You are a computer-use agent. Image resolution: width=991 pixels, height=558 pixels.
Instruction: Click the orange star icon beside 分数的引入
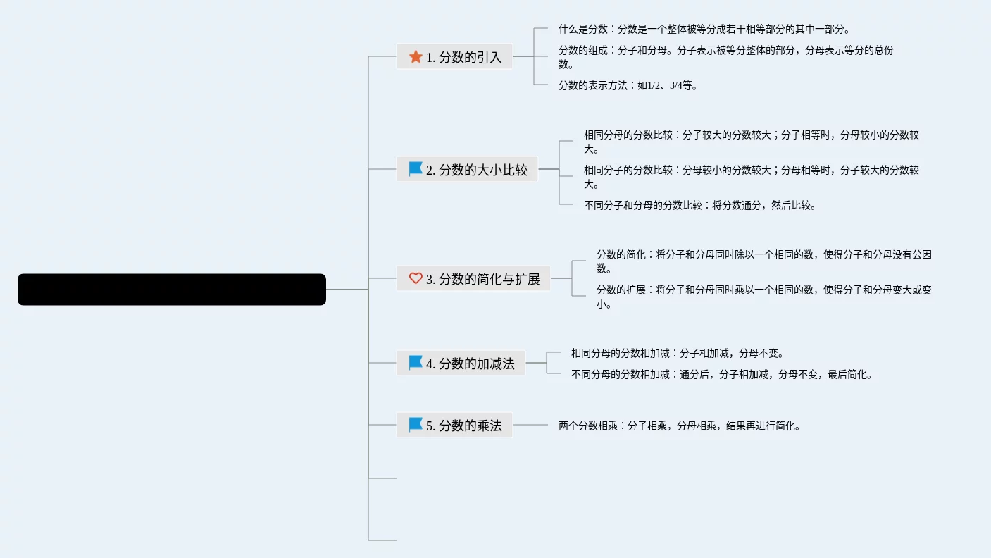pyautogui.click(x=416, y=56)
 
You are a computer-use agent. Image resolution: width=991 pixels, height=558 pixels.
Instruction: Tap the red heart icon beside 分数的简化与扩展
pyautogui.click(x=416, y=278)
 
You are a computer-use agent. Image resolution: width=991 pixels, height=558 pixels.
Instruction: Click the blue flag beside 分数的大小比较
pyautogui.click(x=416, y=169)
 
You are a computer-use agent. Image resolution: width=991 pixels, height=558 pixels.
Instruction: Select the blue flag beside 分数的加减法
pyautogui.click(x=416, y=363)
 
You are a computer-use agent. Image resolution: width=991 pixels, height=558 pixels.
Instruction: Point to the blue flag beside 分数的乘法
pyautogui.click(x=416, y=424)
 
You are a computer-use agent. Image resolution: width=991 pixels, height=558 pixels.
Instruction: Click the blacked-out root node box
pyautogui.click(x=171, y=290)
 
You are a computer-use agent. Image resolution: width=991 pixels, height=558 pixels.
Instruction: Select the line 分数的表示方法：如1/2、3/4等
pyautogui.click(x=627, y=86)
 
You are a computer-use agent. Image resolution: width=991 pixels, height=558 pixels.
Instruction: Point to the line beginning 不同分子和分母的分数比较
pyautogui.click(x=699, y=206)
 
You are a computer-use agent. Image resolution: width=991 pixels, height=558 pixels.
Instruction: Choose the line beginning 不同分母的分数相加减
pyautogui.click(x=721, y=375)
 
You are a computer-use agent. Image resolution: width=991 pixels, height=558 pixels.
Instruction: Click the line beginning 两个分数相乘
pyautogui.click(x=679, y=426)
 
